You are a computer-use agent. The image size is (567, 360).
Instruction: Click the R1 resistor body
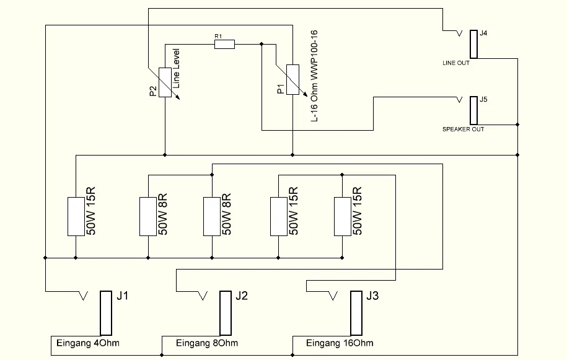click(224, 44)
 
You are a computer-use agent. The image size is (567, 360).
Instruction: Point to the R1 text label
click(218, 37)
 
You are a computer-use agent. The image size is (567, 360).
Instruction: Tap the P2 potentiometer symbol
click(165, 82)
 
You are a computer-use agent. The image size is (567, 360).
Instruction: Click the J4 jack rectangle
click(473, 43)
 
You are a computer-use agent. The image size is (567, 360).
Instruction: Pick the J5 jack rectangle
click(473, 110)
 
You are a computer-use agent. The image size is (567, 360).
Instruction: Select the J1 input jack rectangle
click(105, 312)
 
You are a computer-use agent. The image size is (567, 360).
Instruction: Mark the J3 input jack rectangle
click(356, 312)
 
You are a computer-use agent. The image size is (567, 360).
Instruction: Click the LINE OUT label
click(456, 63)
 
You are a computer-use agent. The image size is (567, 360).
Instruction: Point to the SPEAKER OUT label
click(463, 130)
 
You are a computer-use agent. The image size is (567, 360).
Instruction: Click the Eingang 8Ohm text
click(207, 343)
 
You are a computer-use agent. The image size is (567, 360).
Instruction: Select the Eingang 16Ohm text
click(340, 343)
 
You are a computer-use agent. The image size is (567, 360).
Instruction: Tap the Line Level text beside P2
click(176, 68)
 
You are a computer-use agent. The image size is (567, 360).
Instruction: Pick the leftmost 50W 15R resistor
click(76, 216)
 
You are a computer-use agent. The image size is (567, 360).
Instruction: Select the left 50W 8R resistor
click(147, 216)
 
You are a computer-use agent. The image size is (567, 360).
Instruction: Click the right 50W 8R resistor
click(212, 216)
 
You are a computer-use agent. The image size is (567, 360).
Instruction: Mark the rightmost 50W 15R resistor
click(343, 216)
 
